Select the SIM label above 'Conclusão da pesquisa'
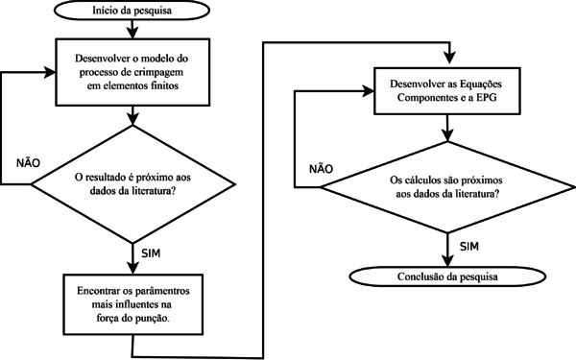coord(469,247)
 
